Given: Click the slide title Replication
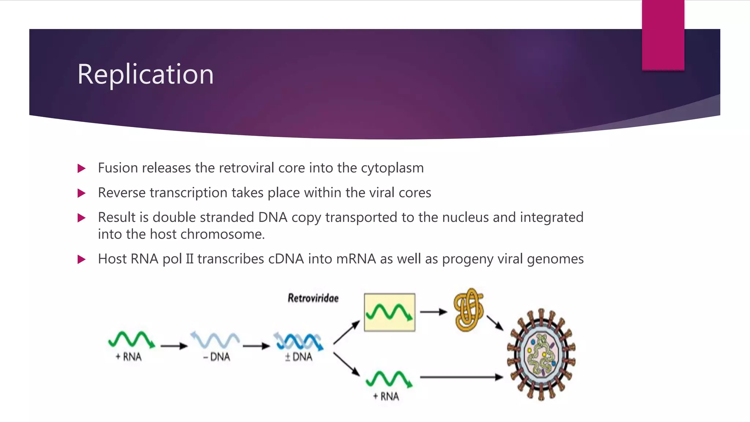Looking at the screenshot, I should [x=145, y=74].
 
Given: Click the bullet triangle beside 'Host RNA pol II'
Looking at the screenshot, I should [x=82, y=260].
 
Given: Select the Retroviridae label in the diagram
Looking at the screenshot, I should [x=313, y=298].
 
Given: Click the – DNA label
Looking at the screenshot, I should [x=216, y=357].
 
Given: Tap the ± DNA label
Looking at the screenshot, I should [x=299, y=357].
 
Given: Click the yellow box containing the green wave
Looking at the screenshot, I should [x=390, y=312].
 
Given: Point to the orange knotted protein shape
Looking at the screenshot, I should [x=468, y=310].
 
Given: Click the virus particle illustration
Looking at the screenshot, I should [x=541, y=355].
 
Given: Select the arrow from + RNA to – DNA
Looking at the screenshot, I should [x=174, y=346].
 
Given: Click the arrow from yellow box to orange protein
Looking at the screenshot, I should [x=433, y=312].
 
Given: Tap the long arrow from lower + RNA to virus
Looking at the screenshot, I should [x=461, y=377].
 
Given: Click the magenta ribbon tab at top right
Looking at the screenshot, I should [x=663, y=35].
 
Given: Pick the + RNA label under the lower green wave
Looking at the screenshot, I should [x=386, y=396].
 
